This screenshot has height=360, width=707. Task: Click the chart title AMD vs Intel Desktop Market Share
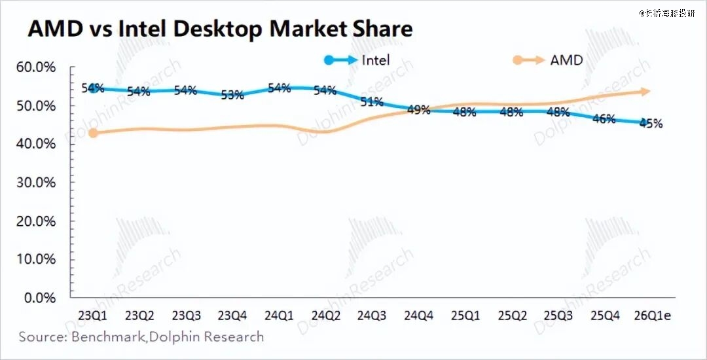point(220,29)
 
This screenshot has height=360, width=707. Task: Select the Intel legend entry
point(376,60)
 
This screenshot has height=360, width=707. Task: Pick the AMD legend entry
point(566,60)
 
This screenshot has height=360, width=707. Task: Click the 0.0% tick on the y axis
point(41,298)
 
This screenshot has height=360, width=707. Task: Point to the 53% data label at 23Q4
point(232,95)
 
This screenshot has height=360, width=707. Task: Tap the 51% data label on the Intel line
point(372,102)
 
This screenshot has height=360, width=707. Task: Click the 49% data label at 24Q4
point(419,110)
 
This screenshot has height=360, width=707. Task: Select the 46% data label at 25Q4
point(604,118)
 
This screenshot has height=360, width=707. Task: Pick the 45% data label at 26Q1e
point(651,123)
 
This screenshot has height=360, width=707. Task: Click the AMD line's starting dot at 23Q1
point(94,133)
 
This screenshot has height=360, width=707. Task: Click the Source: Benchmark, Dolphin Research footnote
point(141,337)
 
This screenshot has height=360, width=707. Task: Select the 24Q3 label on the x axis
point(371,315)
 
